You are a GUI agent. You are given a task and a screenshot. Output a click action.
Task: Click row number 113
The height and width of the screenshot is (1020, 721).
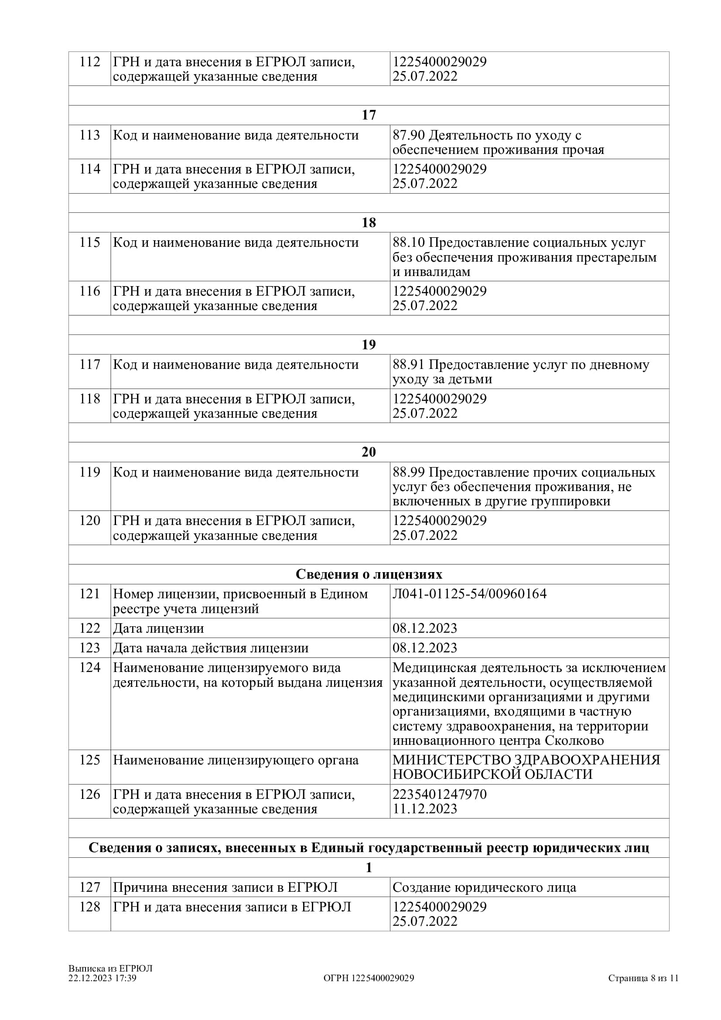[x=90, y=135]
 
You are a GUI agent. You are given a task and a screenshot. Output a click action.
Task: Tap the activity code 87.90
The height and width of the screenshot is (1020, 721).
[x=409, y=135]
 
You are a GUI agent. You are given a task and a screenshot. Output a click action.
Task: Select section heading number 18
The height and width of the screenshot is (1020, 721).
[x=369, y=222]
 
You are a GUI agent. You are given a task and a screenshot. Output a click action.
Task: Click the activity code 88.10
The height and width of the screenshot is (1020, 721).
[x=409, y=242]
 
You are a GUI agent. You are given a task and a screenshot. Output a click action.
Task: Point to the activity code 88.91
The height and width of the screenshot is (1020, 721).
[x=409, y=365]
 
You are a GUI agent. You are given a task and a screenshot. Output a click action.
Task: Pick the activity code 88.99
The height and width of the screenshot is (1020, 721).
[x=409, y=472]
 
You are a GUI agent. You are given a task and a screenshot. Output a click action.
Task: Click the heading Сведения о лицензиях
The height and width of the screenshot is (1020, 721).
[x=369, y=574]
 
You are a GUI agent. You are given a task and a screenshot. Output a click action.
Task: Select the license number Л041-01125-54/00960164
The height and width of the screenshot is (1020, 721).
[x=470, y=594]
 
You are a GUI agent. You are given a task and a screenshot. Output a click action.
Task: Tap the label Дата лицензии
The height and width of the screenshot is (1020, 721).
[x=159, y=628]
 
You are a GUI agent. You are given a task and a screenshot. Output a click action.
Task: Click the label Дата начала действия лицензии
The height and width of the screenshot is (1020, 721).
[x=211, y=648]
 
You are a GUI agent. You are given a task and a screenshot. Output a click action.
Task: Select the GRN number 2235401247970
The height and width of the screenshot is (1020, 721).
[x=440, y=794]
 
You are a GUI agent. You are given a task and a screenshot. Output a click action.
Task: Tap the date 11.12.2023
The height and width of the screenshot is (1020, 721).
[x=425, y=808]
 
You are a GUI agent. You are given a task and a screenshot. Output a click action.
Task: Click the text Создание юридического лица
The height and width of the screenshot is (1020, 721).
[x=484, y=887]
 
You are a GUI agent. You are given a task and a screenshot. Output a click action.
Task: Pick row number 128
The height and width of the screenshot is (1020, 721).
[x=90, y=907]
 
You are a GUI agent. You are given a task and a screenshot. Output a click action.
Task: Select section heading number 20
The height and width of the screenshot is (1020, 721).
[x=369, y=452]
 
